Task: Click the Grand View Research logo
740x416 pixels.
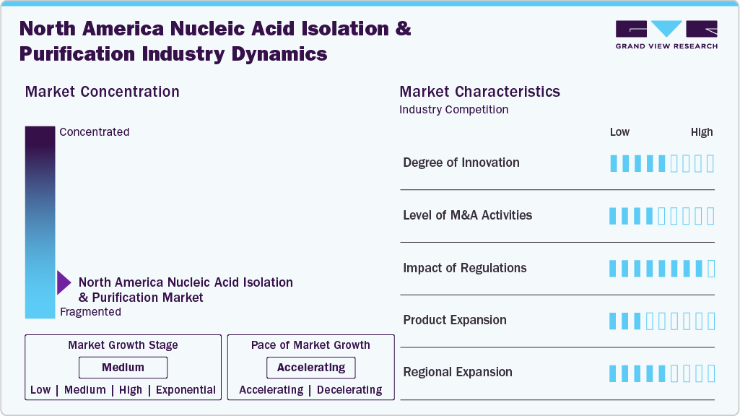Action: pos(666,35)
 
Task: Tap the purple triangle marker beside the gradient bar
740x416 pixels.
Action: pos(64,283)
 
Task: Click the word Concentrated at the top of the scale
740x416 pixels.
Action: pos(95,131)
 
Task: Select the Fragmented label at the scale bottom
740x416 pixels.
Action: pos(91,312)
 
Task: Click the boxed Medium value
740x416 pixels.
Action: pos(123,368)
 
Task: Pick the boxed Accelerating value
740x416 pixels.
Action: pos(311,368)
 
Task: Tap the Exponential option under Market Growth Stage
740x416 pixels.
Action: pos(186,390)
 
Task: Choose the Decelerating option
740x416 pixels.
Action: pos(349,390)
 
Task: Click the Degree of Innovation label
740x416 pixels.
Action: pos(461,163)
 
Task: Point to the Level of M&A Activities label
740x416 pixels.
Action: pos(467,215)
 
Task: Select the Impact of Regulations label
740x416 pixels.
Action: pos(464,268)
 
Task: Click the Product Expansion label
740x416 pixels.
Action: pos(455,320)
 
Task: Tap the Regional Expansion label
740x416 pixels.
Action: pos(457,372)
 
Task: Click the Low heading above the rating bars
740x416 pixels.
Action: pos(619,132)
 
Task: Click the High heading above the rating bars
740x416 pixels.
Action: pos(702,132)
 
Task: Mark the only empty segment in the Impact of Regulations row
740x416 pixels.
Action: pos(711,269)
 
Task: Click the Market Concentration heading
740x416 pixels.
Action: pos(102,92)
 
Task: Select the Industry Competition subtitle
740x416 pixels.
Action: pos(453,110)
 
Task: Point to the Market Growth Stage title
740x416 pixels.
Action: pos(123,345)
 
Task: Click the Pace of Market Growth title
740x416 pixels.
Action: pos(310,345)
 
